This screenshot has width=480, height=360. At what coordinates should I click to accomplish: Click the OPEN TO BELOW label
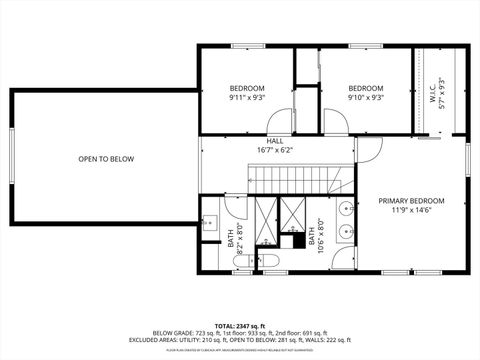click(106, 159)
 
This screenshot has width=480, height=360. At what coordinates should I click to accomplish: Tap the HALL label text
click(274, 141)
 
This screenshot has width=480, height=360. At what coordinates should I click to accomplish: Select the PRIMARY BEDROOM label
click(411, 201)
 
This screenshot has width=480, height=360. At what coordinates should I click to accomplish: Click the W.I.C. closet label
click(434, 91)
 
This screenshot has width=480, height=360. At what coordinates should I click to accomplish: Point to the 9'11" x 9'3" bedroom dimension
click(246, 98)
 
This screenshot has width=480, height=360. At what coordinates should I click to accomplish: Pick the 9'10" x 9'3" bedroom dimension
click(366, 98)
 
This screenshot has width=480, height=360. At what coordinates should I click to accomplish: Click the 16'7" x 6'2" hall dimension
click(274, 150)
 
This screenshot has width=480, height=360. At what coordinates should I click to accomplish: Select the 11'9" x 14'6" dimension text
click(411, 210)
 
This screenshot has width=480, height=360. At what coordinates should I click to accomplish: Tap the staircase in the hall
click(300, 181)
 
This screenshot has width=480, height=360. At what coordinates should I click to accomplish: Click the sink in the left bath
click(212, 223)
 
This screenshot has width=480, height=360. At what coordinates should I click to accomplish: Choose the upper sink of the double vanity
click(344, 210)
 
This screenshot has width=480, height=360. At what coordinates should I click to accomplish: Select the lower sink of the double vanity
click(344, 232)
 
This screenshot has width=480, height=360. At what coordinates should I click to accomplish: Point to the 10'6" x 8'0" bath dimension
click(317, 240)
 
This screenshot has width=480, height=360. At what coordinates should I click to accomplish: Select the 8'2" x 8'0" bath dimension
click(236, 240)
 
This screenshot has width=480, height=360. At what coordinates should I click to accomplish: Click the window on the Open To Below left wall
click(11, 158)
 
